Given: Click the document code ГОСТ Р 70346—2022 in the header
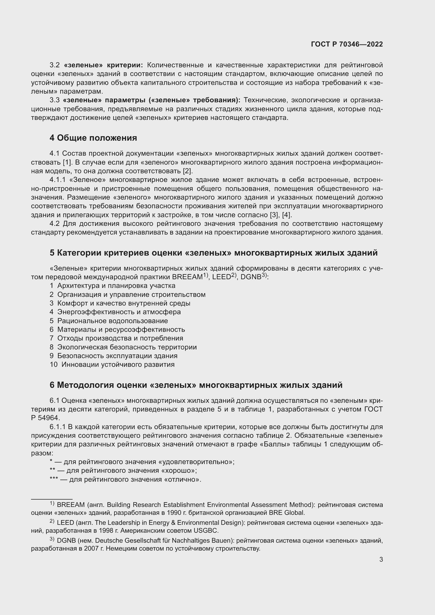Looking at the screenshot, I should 347,44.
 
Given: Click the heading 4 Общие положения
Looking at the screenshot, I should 93,138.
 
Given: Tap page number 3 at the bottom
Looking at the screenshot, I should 381,560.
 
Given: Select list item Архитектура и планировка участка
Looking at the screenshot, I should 116,286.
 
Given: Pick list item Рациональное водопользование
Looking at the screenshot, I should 113,321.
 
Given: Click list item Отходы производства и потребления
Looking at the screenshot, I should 120,338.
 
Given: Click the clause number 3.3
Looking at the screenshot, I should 54,100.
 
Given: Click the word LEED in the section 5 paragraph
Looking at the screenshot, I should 221,277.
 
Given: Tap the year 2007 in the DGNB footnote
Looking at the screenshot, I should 91,548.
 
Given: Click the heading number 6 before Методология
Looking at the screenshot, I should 52,385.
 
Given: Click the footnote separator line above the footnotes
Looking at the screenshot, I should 52,499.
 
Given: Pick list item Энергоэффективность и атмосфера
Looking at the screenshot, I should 119,312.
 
